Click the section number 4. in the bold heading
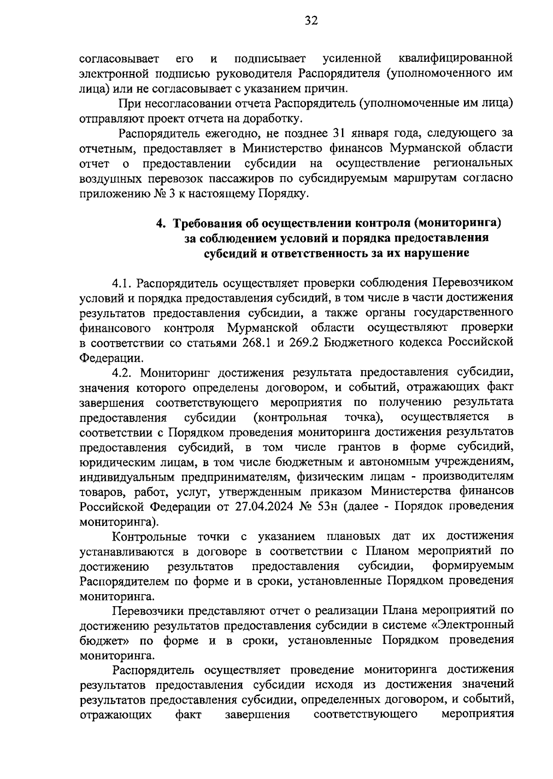[x=161, y=224]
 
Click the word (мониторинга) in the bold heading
[x=457, y=224]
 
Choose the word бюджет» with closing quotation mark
[x=105, y=641]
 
